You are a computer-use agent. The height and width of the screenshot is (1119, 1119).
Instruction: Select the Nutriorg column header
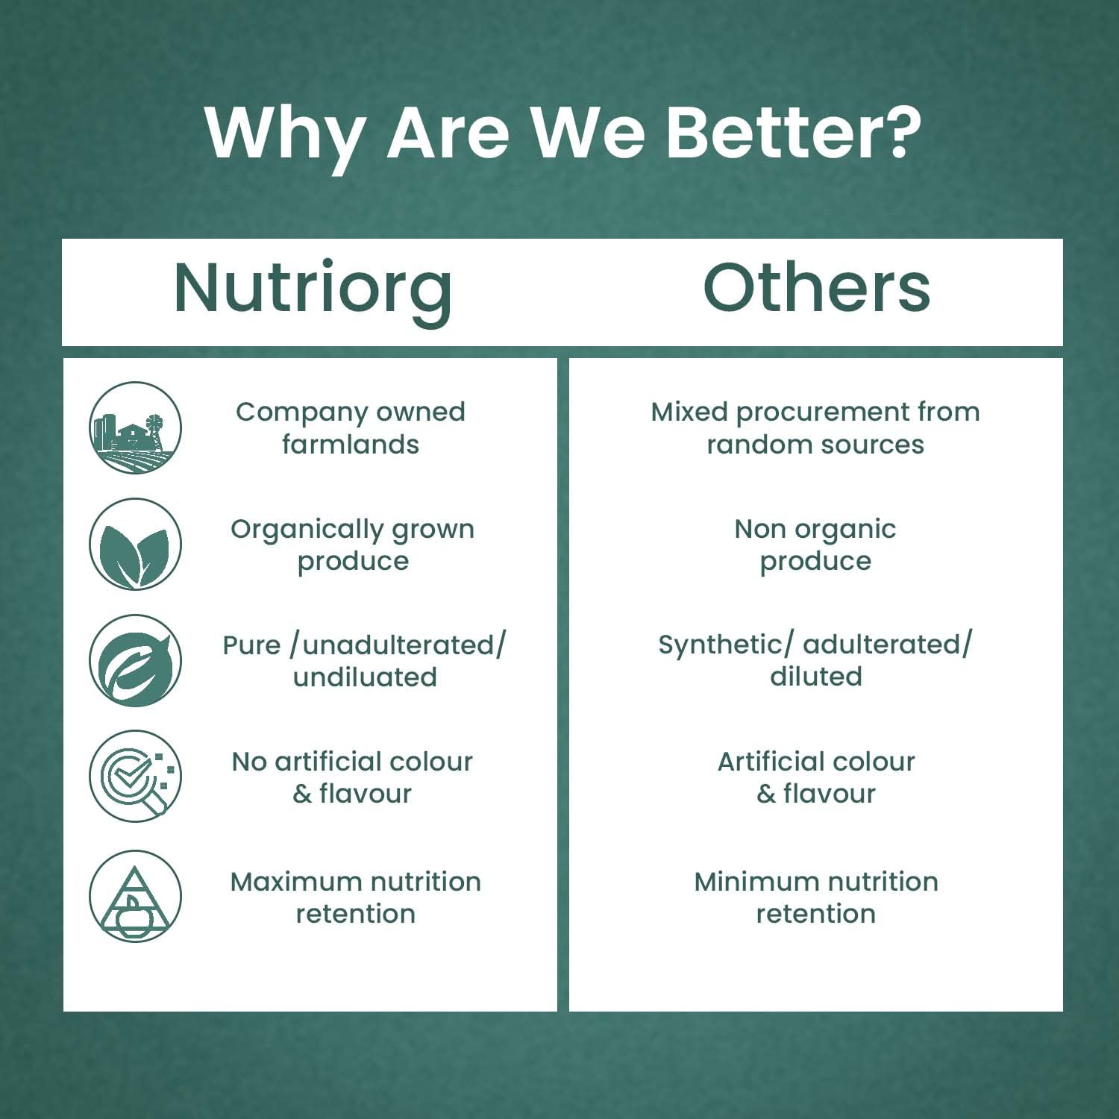(x=313, y=290)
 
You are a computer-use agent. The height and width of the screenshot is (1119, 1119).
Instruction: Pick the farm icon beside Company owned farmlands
(x=135, y=427)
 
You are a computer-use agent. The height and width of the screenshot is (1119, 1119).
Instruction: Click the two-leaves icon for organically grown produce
(x=135, y=545)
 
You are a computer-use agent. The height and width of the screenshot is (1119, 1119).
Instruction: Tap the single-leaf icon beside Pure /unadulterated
(x=135, y=661)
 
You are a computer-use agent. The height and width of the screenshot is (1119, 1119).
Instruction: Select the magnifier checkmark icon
(x=135, y=777)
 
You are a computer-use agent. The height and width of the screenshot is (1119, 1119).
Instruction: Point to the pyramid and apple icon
(x=135, y=896)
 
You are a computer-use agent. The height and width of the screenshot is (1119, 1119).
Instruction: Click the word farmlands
(x=351, y=444)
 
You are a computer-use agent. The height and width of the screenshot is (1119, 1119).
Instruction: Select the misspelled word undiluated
(x=365, y=677)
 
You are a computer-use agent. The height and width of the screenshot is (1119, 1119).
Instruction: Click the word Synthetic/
(x=726, y=645)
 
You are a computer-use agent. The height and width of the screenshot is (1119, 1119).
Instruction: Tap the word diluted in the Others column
(x=816, y=677)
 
